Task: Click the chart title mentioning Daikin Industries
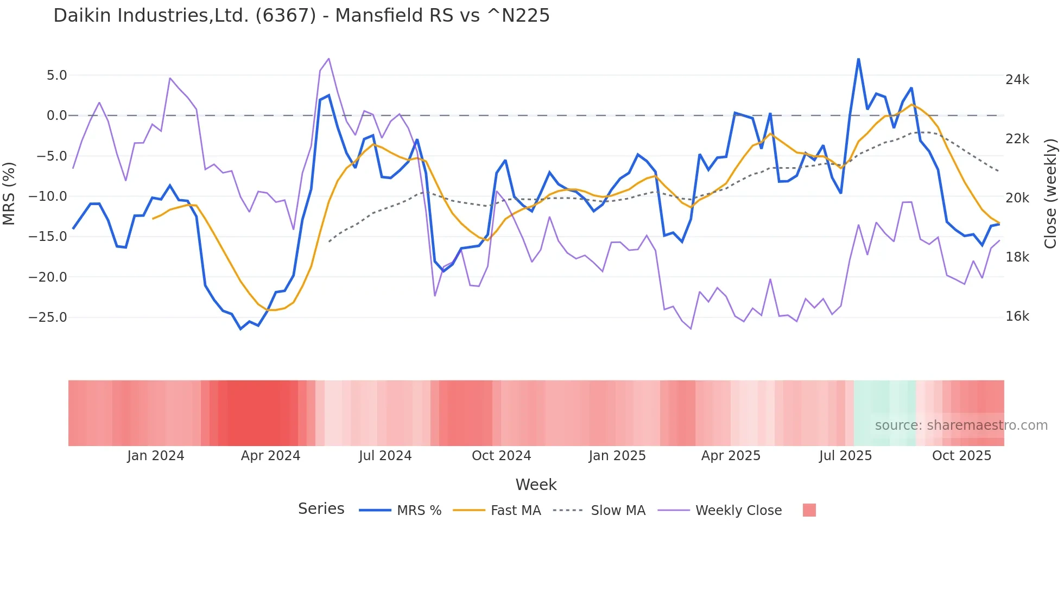(301, 16)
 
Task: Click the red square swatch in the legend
(809, 510)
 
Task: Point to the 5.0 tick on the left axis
(56, 75)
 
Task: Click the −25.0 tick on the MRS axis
(48, 317)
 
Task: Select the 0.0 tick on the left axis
(56, 116)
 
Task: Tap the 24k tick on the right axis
(1017, 80)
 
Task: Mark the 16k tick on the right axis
(1017, 317)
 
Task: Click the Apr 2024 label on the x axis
(270, 456)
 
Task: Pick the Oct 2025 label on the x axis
(961, 456)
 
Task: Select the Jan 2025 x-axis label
(617, 456)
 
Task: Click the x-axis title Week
(536, 485)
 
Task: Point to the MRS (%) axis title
(9, 193)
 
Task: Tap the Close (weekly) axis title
(1050, 193)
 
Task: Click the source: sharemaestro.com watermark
(961, 425)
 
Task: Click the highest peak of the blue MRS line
(858, 59)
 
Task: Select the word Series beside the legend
(321, 509)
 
